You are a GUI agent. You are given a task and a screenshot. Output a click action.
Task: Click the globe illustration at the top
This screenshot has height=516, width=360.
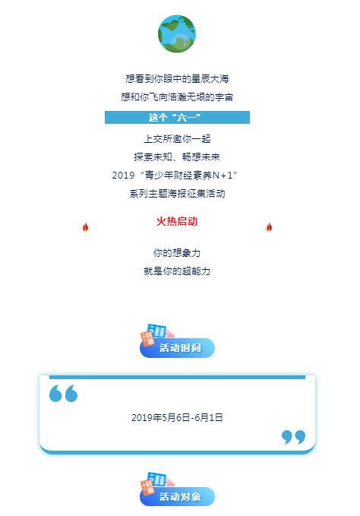[x=177, y=33]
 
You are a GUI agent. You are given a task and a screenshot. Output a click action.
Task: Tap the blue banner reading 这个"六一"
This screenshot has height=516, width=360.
[x=177, y=118]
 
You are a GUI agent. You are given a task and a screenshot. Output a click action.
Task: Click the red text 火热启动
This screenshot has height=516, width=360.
[x=177, y=221]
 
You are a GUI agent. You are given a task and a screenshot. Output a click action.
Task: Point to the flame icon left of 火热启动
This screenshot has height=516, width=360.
[x=86, y=227]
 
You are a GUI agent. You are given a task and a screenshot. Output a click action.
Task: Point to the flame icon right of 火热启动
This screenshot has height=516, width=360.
[x=270, y=227]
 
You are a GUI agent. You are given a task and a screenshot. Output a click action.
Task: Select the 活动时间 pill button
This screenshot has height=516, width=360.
[x=177, y=348]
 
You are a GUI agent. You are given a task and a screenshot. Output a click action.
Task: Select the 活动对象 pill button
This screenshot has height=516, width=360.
[x=177, y=496]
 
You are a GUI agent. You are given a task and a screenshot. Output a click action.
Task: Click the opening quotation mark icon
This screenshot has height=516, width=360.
[x=64, y=393]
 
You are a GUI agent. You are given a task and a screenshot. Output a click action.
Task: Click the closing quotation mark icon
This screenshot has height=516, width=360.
[x=294, y=437]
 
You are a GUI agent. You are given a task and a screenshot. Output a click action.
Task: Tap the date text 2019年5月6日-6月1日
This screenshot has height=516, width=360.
[x=177, y=418]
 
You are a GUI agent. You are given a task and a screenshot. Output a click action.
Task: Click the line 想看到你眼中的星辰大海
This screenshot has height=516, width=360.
[x=177, y=79]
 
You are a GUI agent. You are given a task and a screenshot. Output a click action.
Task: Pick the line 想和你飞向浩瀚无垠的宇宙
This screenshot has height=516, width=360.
[x=177, y=97]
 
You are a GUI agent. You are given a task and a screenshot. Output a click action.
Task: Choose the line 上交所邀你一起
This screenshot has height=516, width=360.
[x=177, y=139]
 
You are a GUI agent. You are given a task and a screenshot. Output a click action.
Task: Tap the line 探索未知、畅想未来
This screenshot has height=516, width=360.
[x=177, y=157]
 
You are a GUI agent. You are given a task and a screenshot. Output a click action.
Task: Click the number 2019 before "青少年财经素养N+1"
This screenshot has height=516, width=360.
[x=123, y=176]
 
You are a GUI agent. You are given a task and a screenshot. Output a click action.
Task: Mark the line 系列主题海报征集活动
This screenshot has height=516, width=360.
[x=177, y=194]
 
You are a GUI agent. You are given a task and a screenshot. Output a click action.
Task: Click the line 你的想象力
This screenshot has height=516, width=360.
[x=177, y=253]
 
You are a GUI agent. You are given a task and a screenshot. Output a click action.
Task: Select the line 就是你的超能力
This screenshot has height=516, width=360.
[x=177, y=271]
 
